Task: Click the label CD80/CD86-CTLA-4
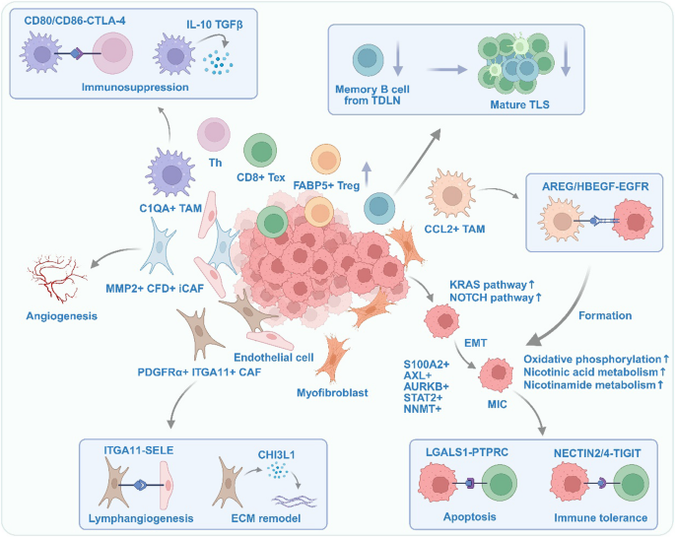click(75, 21)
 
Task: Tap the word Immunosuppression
click(135, 87)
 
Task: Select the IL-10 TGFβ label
click(215, 25)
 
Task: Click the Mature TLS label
click(519, 104)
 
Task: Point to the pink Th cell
click(214, 134)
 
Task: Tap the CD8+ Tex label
click(261, 177)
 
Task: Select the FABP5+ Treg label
click(326, 185)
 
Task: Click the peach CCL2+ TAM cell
click(451, 194)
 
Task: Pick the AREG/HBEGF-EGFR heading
click(595, 186)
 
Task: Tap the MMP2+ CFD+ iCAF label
click(155, 289)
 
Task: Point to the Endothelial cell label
click(274, 357)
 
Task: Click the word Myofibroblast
click(332, 392)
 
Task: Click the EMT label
click(475, 343)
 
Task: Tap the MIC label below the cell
click(498, 404)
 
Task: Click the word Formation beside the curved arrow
click(605, 315)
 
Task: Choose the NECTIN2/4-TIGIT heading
click(597, 453)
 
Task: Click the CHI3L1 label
click(276, 455)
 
